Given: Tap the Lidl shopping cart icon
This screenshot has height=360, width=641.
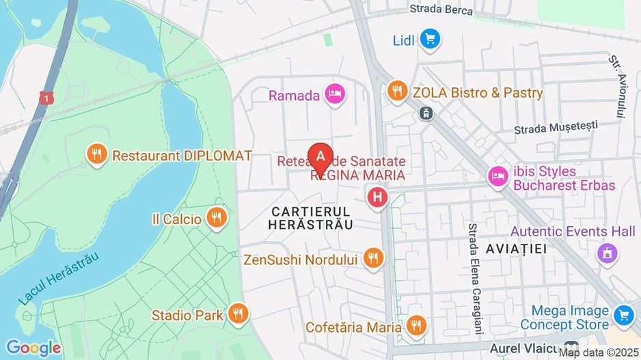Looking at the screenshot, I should (430, 40).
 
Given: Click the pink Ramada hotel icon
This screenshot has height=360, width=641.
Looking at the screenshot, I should (334, 95).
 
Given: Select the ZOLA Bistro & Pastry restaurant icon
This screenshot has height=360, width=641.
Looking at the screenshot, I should (397, 91).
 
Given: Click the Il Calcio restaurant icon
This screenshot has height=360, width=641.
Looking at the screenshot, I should (217, 219).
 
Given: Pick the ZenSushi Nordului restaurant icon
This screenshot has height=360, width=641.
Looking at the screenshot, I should (373, 258).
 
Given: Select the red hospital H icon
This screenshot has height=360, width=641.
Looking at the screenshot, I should (377, 199).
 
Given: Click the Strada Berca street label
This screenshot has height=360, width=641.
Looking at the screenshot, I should (441, 9).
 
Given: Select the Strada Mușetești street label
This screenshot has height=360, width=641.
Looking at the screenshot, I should (556, 126).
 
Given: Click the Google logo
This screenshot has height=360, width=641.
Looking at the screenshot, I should (32, 348).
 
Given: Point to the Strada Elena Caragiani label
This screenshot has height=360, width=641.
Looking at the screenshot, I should (472, 274).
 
